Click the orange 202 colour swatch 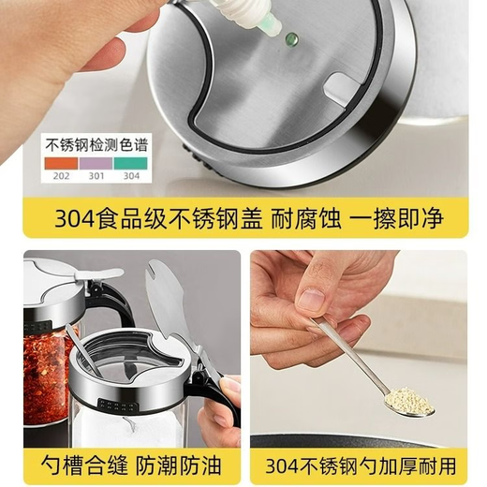[60, 160]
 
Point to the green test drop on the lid [291, 39]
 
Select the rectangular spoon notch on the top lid [341, 90]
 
